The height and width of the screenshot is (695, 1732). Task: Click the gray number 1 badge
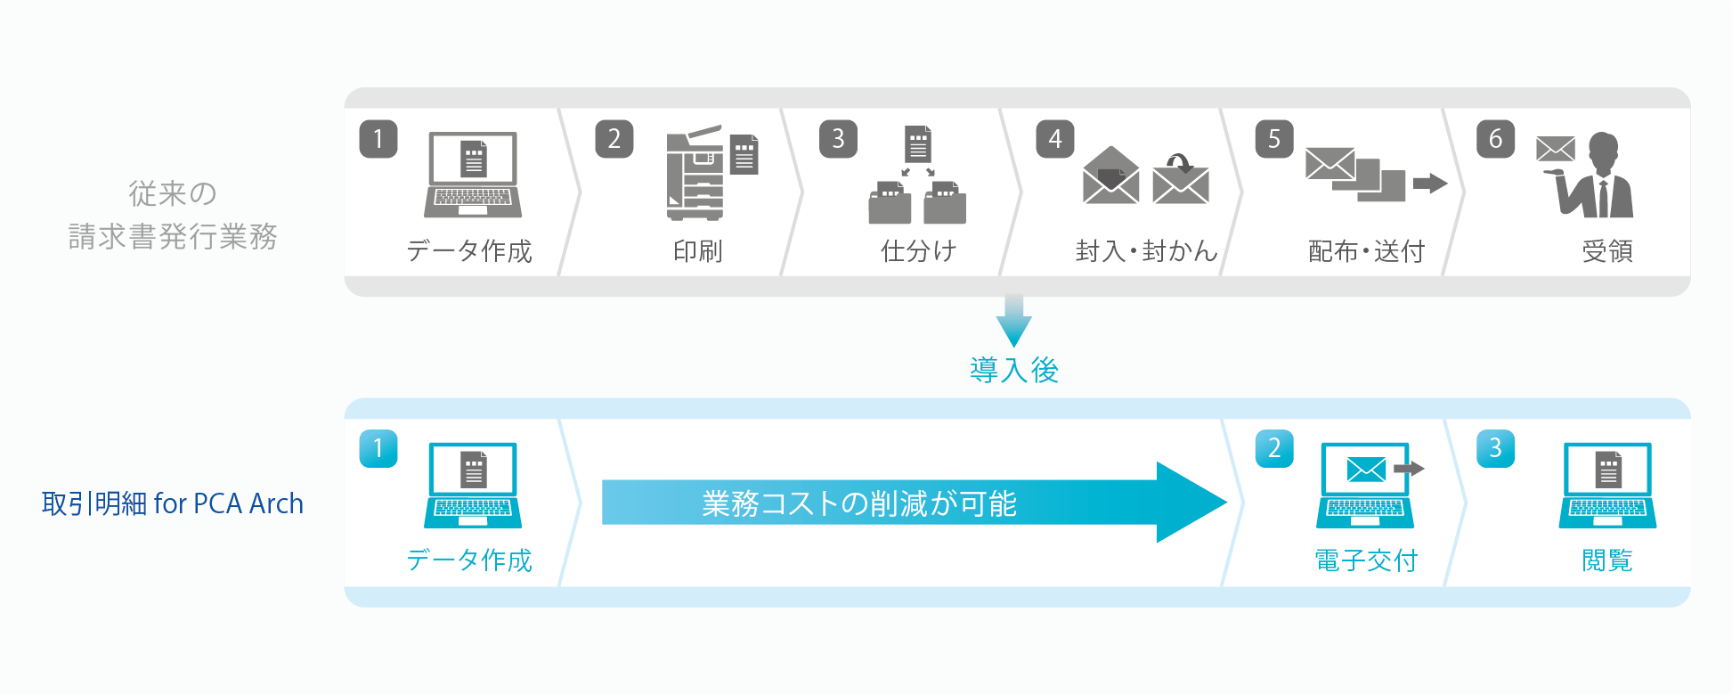pos(378,140)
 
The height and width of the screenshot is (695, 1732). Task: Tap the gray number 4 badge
pos(1055,140)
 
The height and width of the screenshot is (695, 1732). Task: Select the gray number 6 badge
pos(1495,140)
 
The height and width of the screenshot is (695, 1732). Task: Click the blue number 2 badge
pos(1274,449)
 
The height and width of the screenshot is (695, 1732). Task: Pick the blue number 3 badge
pos(1495,449)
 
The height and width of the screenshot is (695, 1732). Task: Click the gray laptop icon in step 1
pos(473,175)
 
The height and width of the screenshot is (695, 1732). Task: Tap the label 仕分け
pos(918,251)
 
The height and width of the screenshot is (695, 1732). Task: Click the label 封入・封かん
pos(1146,251)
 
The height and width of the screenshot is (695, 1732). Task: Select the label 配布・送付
pos(1366,251)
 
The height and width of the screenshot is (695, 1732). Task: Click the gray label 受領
pos(1607,251)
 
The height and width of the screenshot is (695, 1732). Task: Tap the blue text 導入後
pos(1014,370)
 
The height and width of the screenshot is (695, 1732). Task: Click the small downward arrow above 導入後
pos(1014,322)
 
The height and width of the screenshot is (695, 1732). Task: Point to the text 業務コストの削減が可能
pos(859,503)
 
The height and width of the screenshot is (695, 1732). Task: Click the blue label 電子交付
pos(1366,560)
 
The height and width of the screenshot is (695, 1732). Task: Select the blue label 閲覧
pos(1607,560)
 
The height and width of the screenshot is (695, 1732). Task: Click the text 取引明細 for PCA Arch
pos(173,503)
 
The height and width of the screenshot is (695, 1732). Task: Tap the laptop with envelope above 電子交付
pos(1366,485)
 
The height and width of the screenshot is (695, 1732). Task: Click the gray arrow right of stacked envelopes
pos(1430,184)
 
